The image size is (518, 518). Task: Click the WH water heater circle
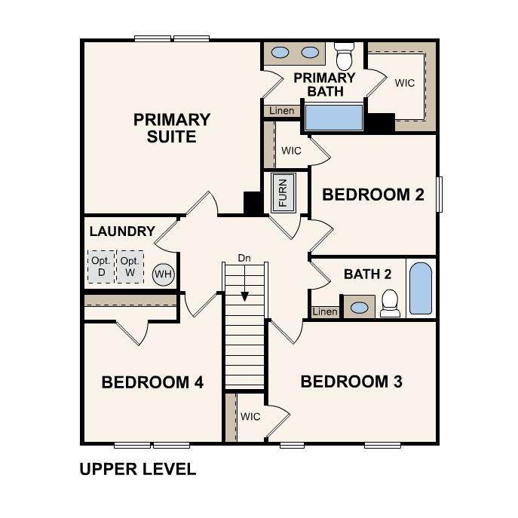[163, 274]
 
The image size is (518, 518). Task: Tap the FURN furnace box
[283, 193]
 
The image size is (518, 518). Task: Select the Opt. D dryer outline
[101, 267]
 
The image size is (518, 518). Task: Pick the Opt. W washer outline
[130, 267]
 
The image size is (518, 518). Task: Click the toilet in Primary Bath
[345, 56]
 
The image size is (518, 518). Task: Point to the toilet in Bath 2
[390, 304]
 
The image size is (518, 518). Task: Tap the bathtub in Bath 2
[421, 288]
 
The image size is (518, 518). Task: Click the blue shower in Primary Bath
[334, 118]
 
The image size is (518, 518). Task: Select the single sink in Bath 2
[359, 308]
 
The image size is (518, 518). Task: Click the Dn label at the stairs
[244, 258]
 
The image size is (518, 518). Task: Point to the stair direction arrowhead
[245, 296]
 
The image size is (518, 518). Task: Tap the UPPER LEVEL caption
[138, 469]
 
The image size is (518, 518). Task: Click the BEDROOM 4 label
[152, 382]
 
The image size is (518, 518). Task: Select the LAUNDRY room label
[122, 231]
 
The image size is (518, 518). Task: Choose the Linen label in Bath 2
[325, 311]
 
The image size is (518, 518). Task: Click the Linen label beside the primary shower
[282, 111]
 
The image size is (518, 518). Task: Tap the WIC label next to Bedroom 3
[250, 416]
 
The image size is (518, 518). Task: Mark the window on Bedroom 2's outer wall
[440, 195]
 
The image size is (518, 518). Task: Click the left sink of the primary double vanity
[280, 53]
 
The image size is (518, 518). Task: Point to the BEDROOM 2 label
[373, 195]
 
